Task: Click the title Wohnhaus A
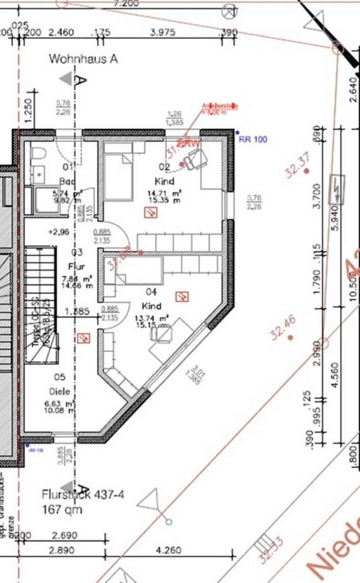click(x=83, y=59)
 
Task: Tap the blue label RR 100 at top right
click(x=253, y=139)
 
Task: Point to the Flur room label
click(x=76, y=266)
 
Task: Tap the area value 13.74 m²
click(x=152, y=317)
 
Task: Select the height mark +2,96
click(x=58, y=232)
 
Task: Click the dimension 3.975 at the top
click(x=162, y=32)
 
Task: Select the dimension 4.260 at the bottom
click(x=168, y=550)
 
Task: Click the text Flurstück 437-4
click(x=82, y=494)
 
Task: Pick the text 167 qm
click(x=62, y=509)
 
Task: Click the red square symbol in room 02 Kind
click(x=150, y=212)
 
